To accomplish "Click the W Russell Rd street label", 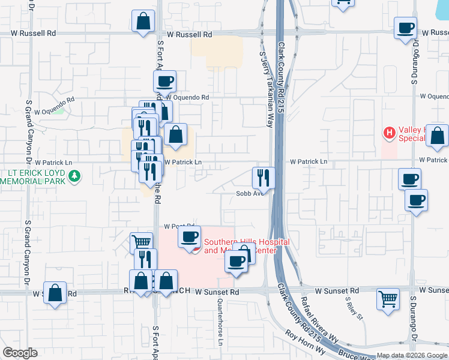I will point(190,35).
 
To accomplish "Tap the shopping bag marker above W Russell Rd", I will point(144,22).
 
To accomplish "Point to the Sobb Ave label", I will point(250,193).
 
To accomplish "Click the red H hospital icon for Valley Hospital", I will point(390,132).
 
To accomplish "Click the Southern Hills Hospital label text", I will point(247,246).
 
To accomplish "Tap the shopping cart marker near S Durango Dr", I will point(388,298).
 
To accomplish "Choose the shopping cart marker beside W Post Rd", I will point(141,242).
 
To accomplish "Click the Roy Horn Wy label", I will point(305,344).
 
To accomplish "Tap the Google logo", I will point(20,353).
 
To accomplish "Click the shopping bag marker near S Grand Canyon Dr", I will point(55,294).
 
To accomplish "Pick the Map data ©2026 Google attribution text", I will point(412,356).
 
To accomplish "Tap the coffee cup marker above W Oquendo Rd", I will point(164,82).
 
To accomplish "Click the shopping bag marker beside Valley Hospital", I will point(437,137).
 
